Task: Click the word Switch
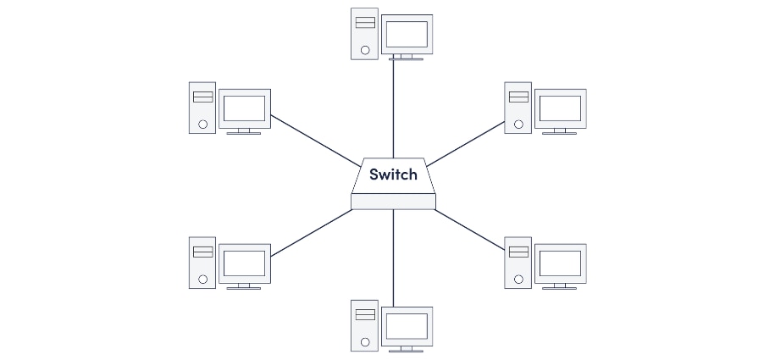(393, 174)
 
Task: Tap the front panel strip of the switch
(394, 202)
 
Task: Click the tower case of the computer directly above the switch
(365, 34)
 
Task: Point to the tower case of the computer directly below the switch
(365, 326)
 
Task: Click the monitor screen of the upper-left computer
(245, 108)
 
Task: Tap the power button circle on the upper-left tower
(202, 125)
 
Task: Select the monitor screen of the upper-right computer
(561, 108)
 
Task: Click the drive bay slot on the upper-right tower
(518, 97)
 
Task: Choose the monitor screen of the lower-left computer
(245, 263)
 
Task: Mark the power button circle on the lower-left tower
(202, 279)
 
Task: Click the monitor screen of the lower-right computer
(561, 263)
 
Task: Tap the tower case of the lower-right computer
(518, 263)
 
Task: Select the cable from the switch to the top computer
(394, 109)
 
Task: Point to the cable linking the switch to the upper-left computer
(316, 141)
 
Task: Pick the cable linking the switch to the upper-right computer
(466, 144)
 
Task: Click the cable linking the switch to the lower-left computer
(312, 233)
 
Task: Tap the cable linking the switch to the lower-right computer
(469, 230)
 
